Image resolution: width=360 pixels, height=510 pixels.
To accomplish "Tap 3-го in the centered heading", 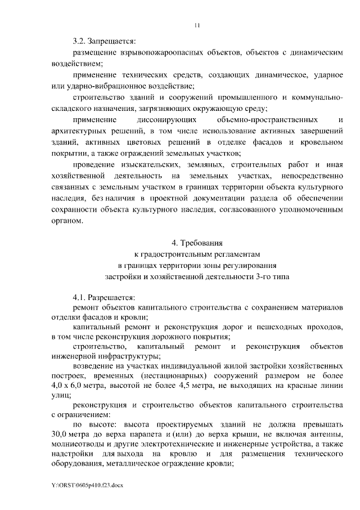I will click(x=263, y=276).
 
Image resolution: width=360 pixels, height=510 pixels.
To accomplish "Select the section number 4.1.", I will click(x=80, y=298).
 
